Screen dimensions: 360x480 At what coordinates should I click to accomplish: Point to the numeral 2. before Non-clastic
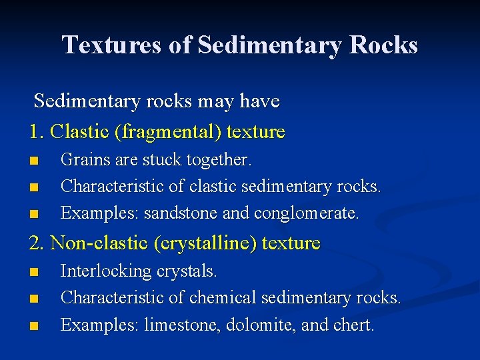[x=37, y=243]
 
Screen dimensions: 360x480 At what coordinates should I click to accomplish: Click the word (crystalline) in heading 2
[x=205, y=243]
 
